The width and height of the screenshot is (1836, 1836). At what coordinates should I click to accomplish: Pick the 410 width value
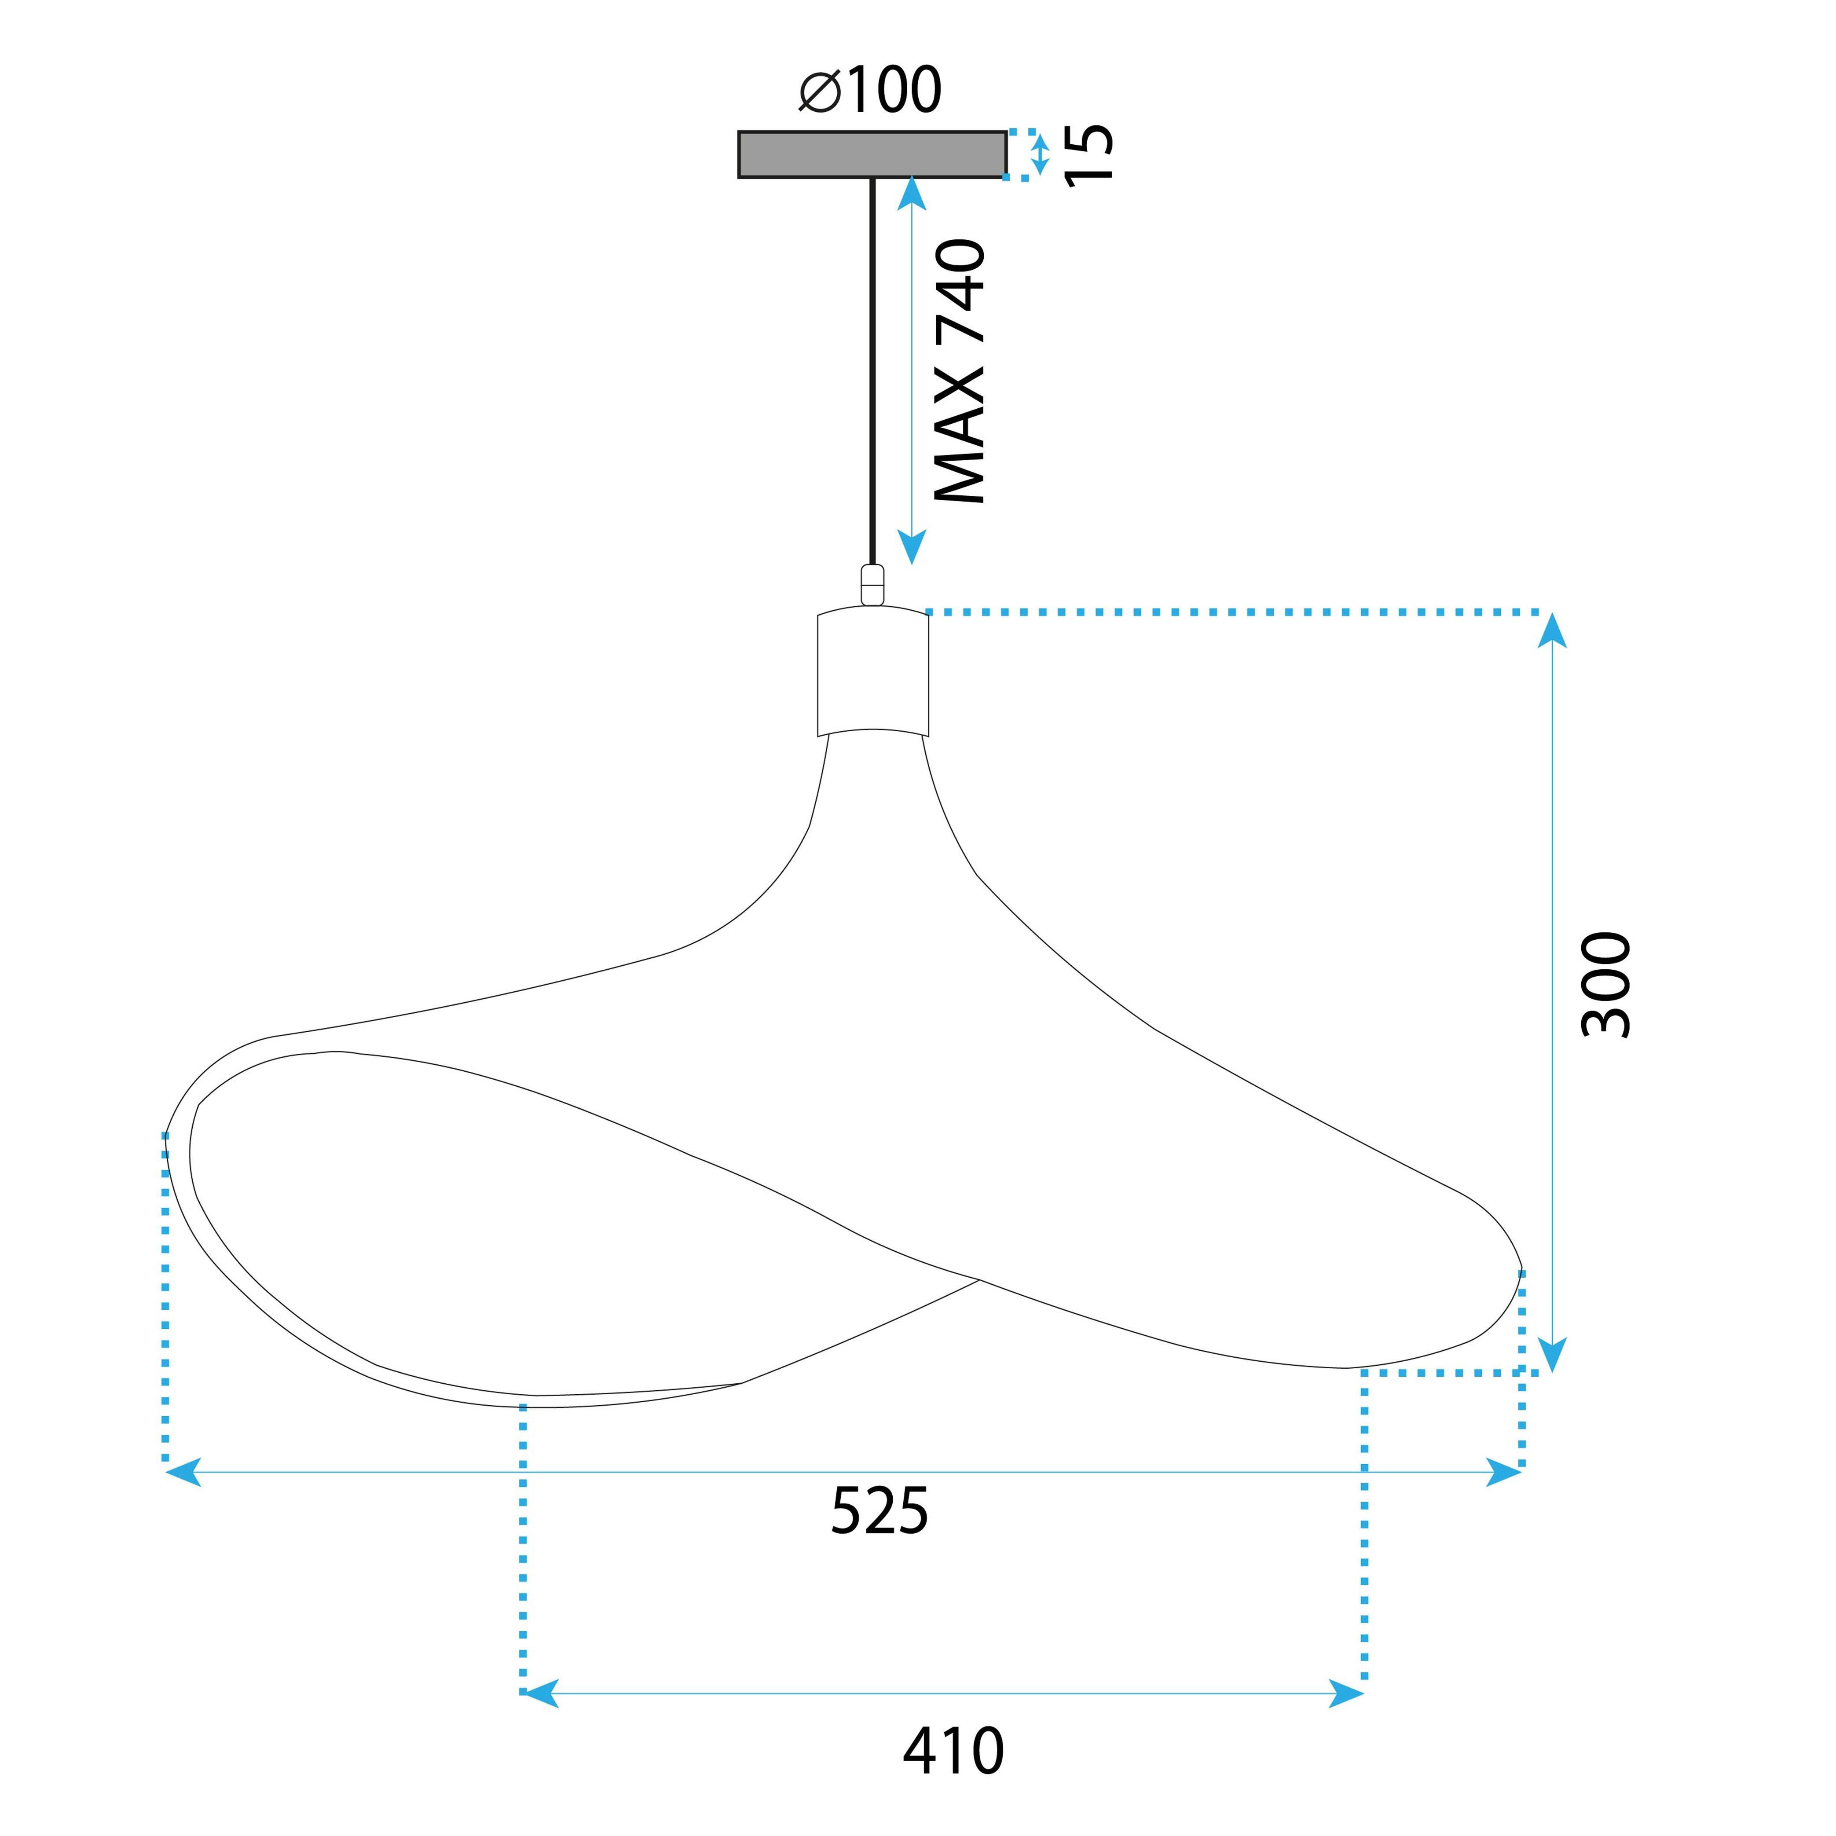[x=953, y=1751]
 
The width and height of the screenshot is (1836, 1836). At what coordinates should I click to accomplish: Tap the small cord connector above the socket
[x=872, y=584]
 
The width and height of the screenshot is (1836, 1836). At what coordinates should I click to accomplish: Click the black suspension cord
[x=872, y=370]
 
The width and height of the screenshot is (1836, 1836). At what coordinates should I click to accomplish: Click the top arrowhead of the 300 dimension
[x=1552, y=632]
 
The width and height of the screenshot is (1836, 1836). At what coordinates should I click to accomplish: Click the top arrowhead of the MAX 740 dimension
[x=911, y=195]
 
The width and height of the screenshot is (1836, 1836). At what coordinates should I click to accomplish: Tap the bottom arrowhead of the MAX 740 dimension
[x=911, y=546]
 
